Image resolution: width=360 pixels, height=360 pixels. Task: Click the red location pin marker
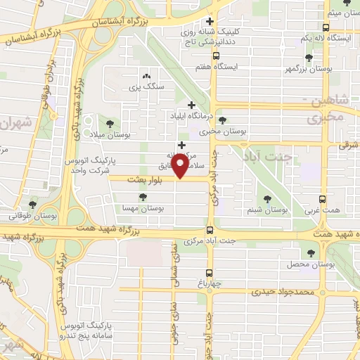click(x=181, y=166)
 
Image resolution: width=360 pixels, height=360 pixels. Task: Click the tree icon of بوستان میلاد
click(x=108, y=124)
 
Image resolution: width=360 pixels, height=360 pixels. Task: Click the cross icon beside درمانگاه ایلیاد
click(x=191, y=105)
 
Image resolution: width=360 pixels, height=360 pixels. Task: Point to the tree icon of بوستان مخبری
click(x=222, y=121)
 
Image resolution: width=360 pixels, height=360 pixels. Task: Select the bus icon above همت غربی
click(x=323, y=199)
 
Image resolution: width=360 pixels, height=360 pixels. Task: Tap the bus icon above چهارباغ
click(x=210, y=274)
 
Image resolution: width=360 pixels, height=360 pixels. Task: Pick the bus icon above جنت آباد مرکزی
click(x=210, y=230)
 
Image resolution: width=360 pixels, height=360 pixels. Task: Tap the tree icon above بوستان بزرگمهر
click(x=309, y=58)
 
